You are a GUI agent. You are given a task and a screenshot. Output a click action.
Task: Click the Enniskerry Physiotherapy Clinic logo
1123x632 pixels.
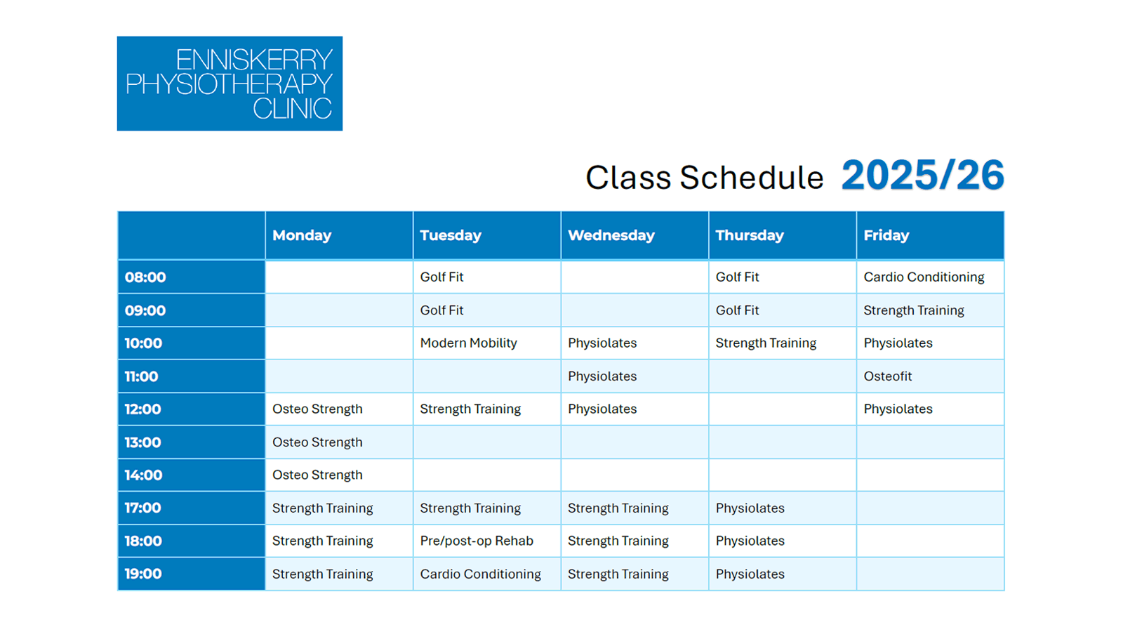(230, 84)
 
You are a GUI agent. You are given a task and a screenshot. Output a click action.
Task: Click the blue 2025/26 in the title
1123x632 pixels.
(922, 175)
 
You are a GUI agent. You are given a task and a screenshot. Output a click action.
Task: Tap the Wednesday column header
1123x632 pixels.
(611, 235)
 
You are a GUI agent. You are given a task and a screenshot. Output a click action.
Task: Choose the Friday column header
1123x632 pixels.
(886, 236)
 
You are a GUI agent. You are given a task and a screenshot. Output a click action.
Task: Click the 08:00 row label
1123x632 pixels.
(145, 277)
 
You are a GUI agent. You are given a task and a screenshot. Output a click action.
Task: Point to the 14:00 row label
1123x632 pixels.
(143, 475)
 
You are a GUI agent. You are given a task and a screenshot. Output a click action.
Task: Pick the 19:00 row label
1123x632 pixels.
(143, 574)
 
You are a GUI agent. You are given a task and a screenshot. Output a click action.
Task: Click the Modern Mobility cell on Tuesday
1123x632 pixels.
(468, 343)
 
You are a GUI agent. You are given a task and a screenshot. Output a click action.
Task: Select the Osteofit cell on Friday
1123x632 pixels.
(887, 376)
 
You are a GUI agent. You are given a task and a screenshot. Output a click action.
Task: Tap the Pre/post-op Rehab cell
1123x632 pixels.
(477, 541)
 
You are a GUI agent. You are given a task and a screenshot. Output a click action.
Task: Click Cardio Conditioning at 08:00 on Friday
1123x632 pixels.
(924, 277)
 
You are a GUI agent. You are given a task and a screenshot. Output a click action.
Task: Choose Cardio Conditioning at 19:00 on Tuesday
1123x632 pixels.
(480, 574)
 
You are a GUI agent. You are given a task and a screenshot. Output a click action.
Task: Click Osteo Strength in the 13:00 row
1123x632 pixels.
(317, 442)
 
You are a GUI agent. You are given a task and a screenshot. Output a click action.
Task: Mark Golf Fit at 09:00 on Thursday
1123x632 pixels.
(737, 310)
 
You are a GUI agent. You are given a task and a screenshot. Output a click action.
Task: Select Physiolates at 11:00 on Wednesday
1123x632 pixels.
(602, 376)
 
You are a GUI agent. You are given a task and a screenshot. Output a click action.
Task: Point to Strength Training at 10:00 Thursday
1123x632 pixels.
(766, 343)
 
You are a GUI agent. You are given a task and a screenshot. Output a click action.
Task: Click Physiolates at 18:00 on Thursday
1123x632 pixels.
(750, 541)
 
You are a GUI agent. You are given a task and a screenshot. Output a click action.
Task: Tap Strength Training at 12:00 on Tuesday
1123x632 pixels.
(470, 409)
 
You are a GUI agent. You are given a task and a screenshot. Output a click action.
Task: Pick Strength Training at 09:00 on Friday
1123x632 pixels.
(913, 310)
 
